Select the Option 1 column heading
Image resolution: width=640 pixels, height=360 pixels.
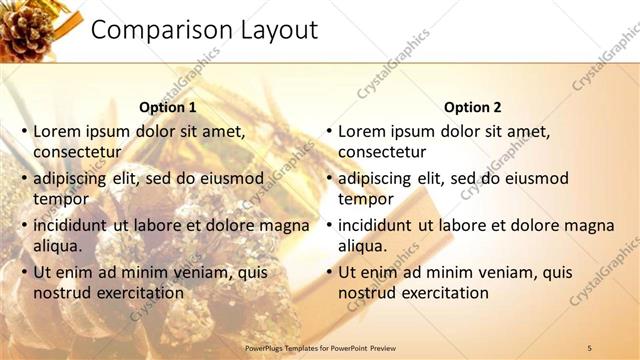pos(168,107)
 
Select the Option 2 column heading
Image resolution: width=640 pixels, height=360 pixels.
pos(473,107)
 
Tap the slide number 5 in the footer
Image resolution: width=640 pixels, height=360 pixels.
pos(590,347)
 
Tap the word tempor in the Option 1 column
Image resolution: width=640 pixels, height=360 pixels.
pos(61,199)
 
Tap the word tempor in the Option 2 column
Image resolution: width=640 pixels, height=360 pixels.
pos(366,199)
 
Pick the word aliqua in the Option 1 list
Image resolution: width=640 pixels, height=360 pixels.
pos(57,246)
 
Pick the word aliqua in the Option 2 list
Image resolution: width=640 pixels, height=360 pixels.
pos(362,246)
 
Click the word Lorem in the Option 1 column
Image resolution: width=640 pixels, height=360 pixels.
pos(56,131)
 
